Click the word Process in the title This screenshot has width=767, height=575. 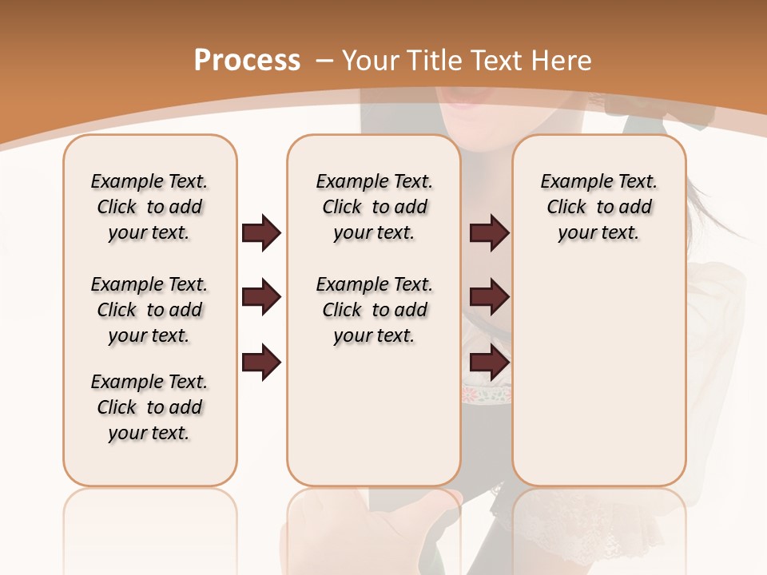tap(247, 61)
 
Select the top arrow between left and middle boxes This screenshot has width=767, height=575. tap(261, 233)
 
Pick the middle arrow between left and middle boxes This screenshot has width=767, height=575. tap(261, 297)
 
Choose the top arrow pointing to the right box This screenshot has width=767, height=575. tap(489, 233)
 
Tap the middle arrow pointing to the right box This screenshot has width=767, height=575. tap(489, 297)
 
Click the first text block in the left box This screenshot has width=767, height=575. tap(149, 207)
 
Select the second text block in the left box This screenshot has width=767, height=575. tap(149, 310)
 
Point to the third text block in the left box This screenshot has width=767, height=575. tap(149, 407)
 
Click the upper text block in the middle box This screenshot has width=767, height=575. tap(374, 207)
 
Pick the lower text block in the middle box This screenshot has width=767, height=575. tap(374, 310)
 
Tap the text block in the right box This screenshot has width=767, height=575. tap(599, 207)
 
